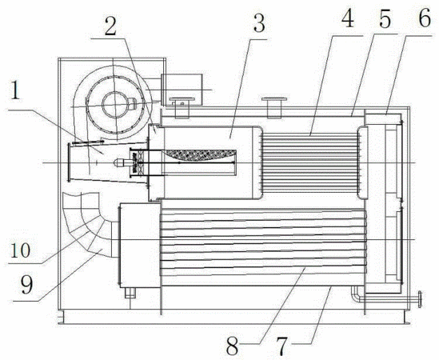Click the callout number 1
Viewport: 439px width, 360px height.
(x=14, y=89)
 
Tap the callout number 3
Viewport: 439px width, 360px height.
(x=258, y=23)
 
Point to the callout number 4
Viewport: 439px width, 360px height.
(x=348, y=18)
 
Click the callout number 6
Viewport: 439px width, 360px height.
(x=424, y=18)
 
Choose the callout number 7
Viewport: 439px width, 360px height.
(x=281, y=346)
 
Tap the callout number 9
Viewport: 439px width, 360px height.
(x=26, y=285)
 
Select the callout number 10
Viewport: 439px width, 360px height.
(x=20, y=250)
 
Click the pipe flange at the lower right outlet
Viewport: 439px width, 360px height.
(x=420, y=299)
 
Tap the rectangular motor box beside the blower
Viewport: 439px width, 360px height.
(x=182, y=90)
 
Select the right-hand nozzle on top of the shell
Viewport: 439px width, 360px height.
(x=273, y=107)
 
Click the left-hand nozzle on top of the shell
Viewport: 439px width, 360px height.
(x=182, y=108)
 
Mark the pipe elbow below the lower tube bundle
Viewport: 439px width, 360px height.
(x=356, y=294)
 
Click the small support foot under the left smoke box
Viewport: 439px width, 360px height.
(x=130, y=292)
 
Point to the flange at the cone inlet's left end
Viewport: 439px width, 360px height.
(x=69, y=162)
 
